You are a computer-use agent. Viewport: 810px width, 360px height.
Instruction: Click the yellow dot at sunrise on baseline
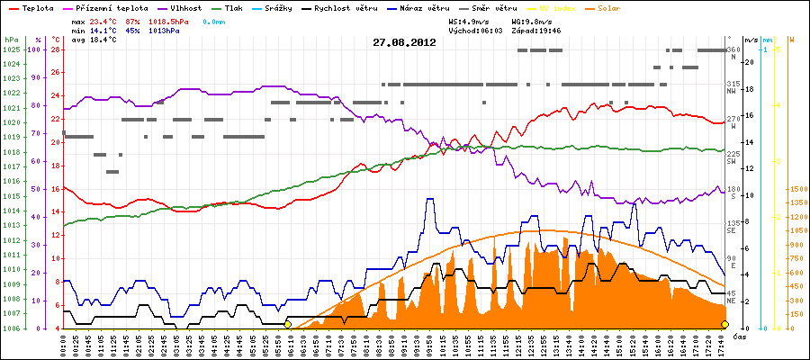point(287,324)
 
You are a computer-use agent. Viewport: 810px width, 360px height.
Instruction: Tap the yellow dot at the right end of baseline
point(724,324)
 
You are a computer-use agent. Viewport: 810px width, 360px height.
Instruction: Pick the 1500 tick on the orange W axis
point(796,189)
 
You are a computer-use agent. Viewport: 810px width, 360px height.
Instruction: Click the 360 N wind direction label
point(733,52)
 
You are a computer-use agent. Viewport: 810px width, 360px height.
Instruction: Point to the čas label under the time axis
point(738,336)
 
